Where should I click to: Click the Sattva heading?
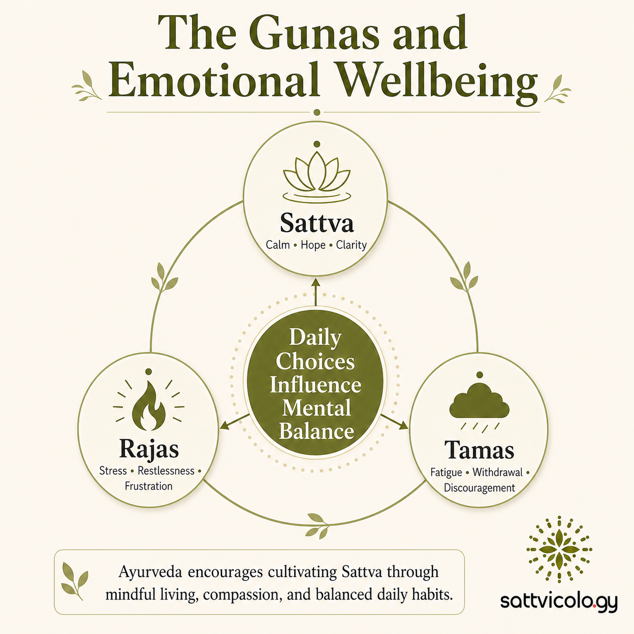coord(316,223)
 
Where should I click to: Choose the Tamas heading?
coord(479,450)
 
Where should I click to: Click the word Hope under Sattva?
coord(313,245)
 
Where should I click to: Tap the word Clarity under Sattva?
coord(351,245)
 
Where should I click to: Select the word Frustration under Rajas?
coord(149,486)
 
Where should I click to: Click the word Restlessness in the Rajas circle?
coord(166,471)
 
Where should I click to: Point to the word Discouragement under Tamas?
coord(479,487)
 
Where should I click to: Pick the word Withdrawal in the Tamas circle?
coord(497,472)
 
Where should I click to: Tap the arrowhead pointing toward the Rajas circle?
coord(224,425)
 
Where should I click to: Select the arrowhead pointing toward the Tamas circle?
coord(403,426)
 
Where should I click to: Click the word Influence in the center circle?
coord(315,385)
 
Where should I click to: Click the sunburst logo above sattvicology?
coord(559,550)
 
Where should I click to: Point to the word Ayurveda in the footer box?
coord(150,573)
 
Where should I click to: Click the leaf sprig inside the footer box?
coord(75,581)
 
